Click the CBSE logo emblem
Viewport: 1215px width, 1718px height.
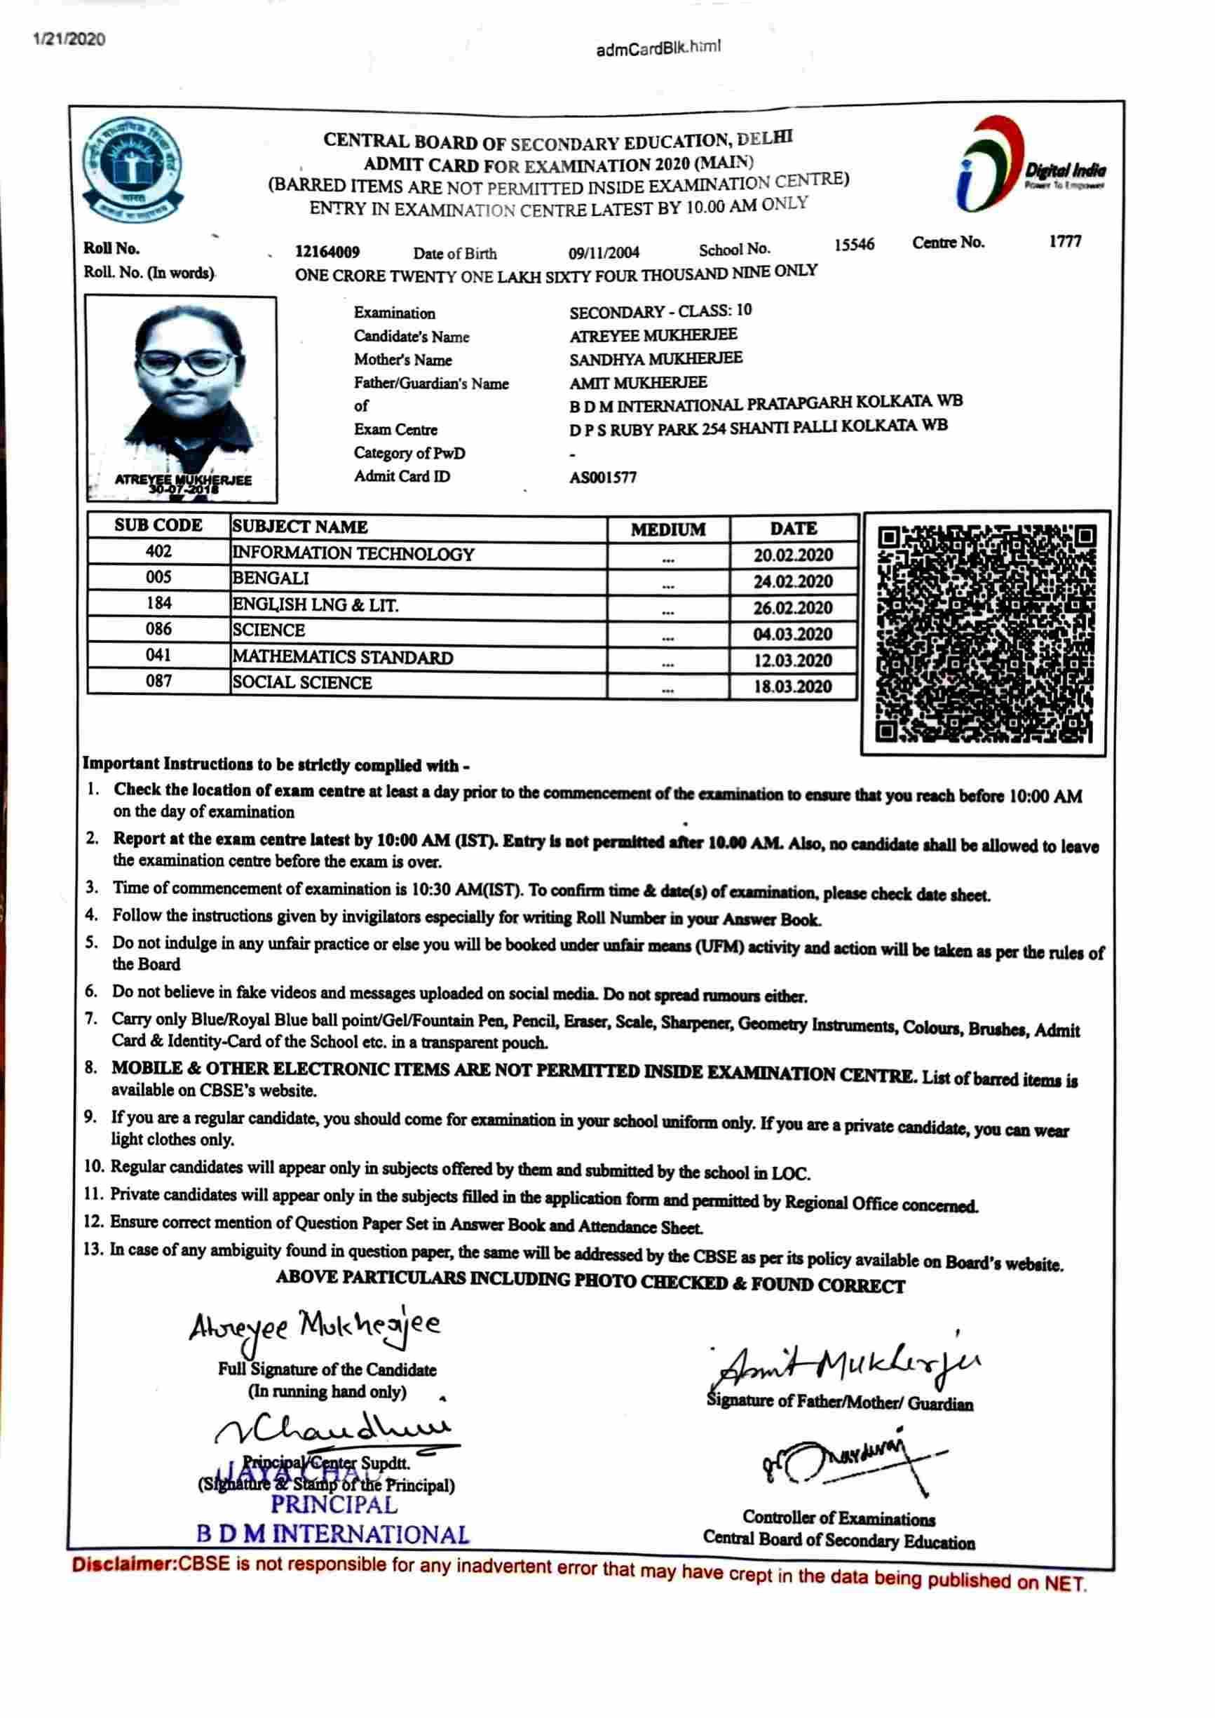[133, 169]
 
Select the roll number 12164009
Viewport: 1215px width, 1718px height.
[327, 252]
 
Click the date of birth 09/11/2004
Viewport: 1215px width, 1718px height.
[603, 253]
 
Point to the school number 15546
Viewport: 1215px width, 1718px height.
[854, 245]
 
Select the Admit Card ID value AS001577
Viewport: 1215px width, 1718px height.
[602, 478]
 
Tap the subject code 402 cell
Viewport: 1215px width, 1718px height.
[158, 551]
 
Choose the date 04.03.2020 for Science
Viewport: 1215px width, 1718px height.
[792, 635]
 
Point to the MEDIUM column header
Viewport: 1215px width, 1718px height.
[667, 529]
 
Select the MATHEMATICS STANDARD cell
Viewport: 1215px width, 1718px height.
[343, 657]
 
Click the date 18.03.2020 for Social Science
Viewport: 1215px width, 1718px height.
[792, 687]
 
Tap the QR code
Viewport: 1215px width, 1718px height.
[984, 633]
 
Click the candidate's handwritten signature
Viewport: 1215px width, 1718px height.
[314, 1348]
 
